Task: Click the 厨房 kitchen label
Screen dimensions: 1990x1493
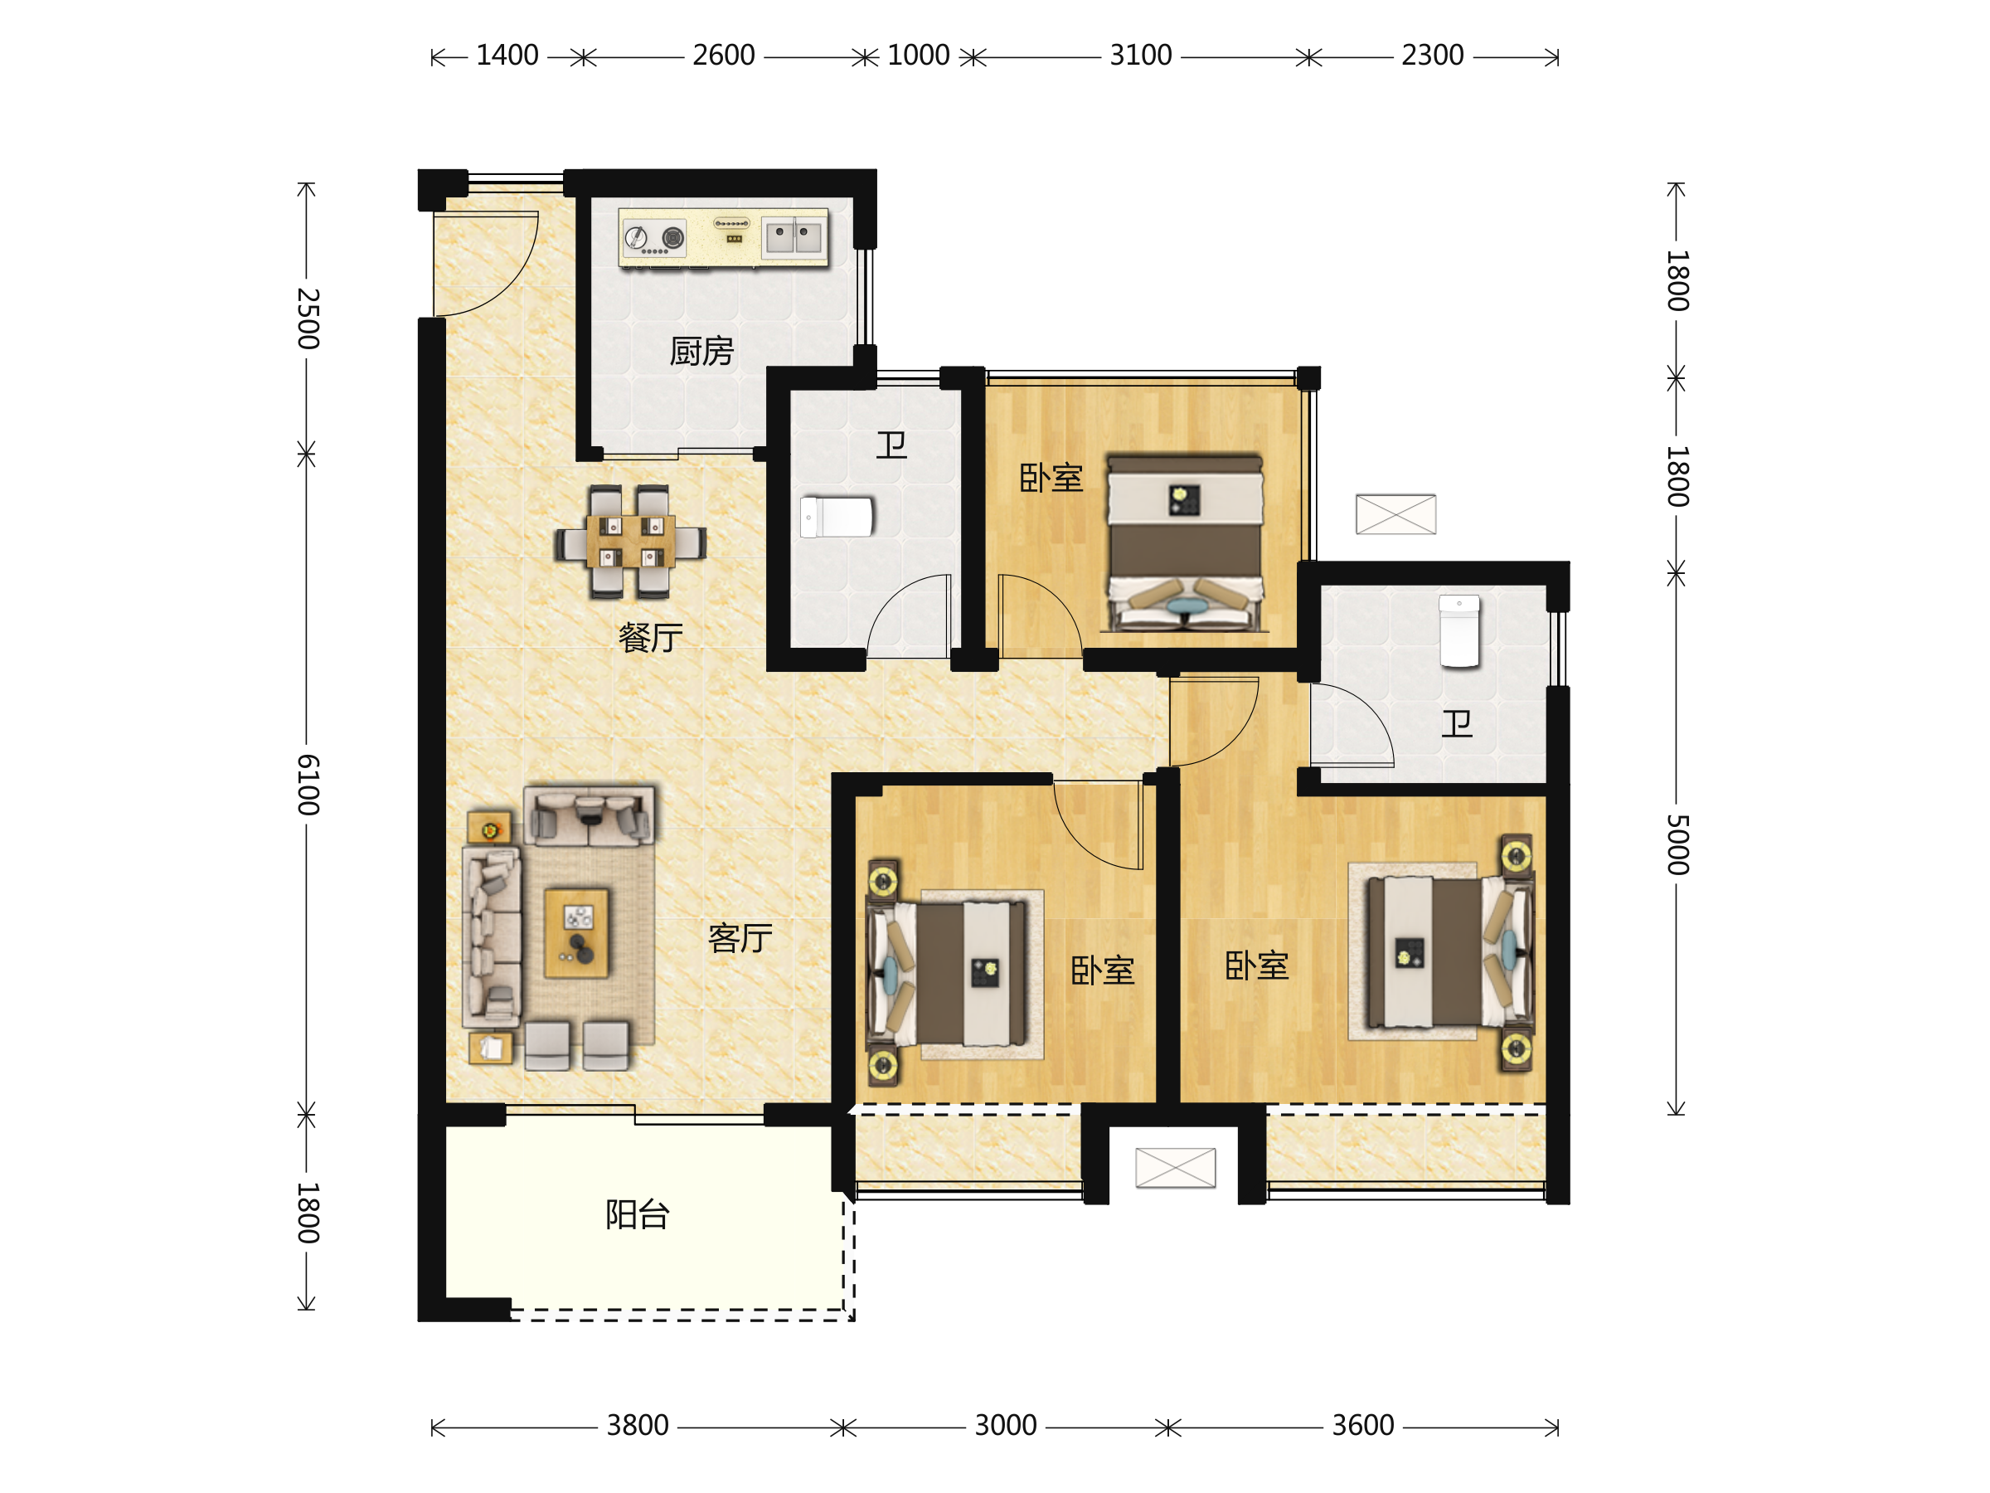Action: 701,351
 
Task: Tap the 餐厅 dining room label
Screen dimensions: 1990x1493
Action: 650,638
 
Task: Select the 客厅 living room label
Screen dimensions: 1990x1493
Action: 740,939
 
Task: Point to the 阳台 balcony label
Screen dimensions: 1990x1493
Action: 638,1215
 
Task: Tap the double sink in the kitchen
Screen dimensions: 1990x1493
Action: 792,237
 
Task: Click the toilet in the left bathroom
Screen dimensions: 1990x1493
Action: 837,518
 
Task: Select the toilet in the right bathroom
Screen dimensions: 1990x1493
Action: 1459,631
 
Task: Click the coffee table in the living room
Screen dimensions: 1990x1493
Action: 576,933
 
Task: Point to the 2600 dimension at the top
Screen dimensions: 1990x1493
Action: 723,56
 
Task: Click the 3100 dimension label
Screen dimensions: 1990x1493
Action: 1141,56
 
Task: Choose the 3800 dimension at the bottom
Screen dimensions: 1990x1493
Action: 638,1426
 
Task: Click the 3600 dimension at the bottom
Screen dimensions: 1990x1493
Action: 1363,1426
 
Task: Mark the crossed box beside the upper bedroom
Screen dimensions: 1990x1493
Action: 1396,514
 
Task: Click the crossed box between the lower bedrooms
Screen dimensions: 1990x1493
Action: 1176,1167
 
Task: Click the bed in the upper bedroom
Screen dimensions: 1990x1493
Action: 1185,542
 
